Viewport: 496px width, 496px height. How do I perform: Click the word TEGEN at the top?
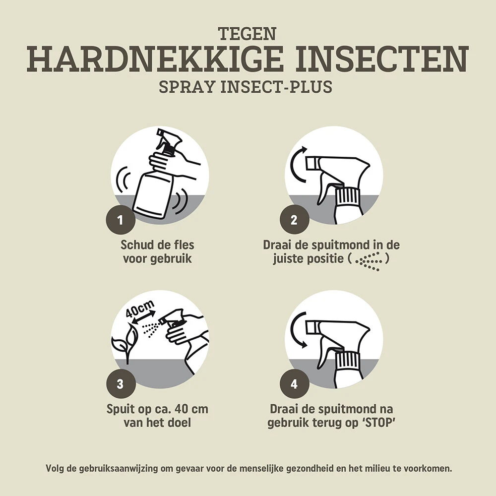(x=247, y=34)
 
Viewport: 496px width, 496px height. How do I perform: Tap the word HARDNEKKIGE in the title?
(x=151, y=60)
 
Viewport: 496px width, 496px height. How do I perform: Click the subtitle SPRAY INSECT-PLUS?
(x=246, y=87)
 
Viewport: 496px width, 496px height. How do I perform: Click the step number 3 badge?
(x=121, y=384)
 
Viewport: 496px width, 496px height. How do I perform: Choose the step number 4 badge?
(x=293, y=384)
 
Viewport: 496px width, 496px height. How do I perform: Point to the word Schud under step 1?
(x=137, y=245)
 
